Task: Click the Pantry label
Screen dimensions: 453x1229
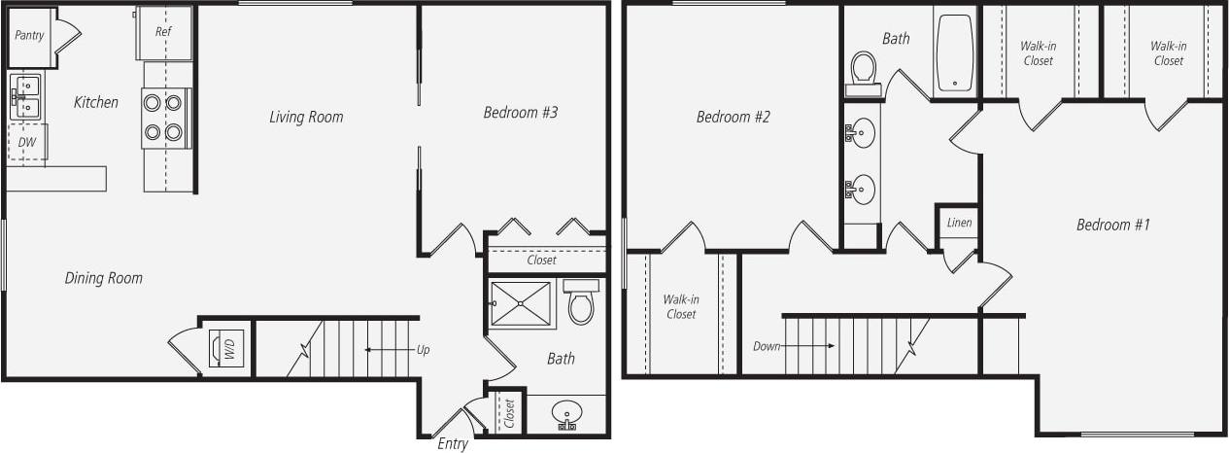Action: click(29, 34)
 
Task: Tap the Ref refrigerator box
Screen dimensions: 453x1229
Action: click(164, 31)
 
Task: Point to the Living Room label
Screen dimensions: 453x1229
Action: click(306, 118)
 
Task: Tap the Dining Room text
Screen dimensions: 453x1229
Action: click(103, 278)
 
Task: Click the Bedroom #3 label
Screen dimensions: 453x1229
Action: click(520, 113)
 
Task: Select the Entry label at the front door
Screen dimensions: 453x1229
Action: click(453, 444)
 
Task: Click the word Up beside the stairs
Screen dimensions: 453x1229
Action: click(423, 349)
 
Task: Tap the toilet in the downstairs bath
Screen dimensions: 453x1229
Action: click(581, 302)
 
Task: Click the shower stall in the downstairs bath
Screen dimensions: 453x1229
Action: click(523, 304)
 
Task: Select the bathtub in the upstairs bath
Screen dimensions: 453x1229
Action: click(955, 52)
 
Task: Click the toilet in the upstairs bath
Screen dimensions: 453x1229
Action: click(863, 72)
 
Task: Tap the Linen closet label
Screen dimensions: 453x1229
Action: click(959, 224)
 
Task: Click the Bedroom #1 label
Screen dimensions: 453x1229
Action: click(1112, 226)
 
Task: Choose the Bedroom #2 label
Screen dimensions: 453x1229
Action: click(733, 118)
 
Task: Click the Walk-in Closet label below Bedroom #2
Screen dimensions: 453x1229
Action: click(681, 306)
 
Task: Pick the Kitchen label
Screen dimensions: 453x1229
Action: click(96, 102)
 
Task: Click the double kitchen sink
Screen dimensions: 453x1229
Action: click(25, 97)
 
